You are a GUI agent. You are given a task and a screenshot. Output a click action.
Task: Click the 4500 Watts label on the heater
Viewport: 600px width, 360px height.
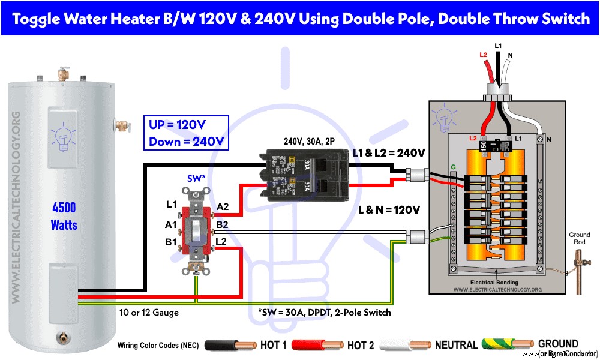64,217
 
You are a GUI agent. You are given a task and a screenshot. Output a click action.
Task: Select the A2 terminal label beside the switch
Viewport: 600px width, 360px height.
223,207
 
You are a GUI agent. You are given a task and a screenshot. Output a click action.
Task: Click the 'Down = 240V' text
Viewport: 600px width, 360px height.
186,142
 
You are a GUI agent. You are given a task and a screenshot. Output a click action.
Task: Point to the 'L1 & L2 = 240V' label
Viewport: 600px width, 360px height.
389,153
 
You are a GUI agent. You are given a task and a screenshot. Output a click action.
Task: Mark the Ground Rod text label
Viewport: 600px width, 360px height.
580,239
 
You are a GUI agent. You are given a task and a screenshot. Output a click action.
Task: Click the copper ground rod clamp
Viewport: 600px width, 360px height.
580,260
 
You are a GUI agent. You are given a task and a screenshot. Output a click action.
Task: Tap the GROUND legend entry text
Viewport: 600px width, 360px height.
558,344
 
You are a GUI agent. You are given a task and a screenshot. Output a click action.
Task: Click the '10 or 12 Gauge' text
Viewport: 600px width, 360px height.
148,313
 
